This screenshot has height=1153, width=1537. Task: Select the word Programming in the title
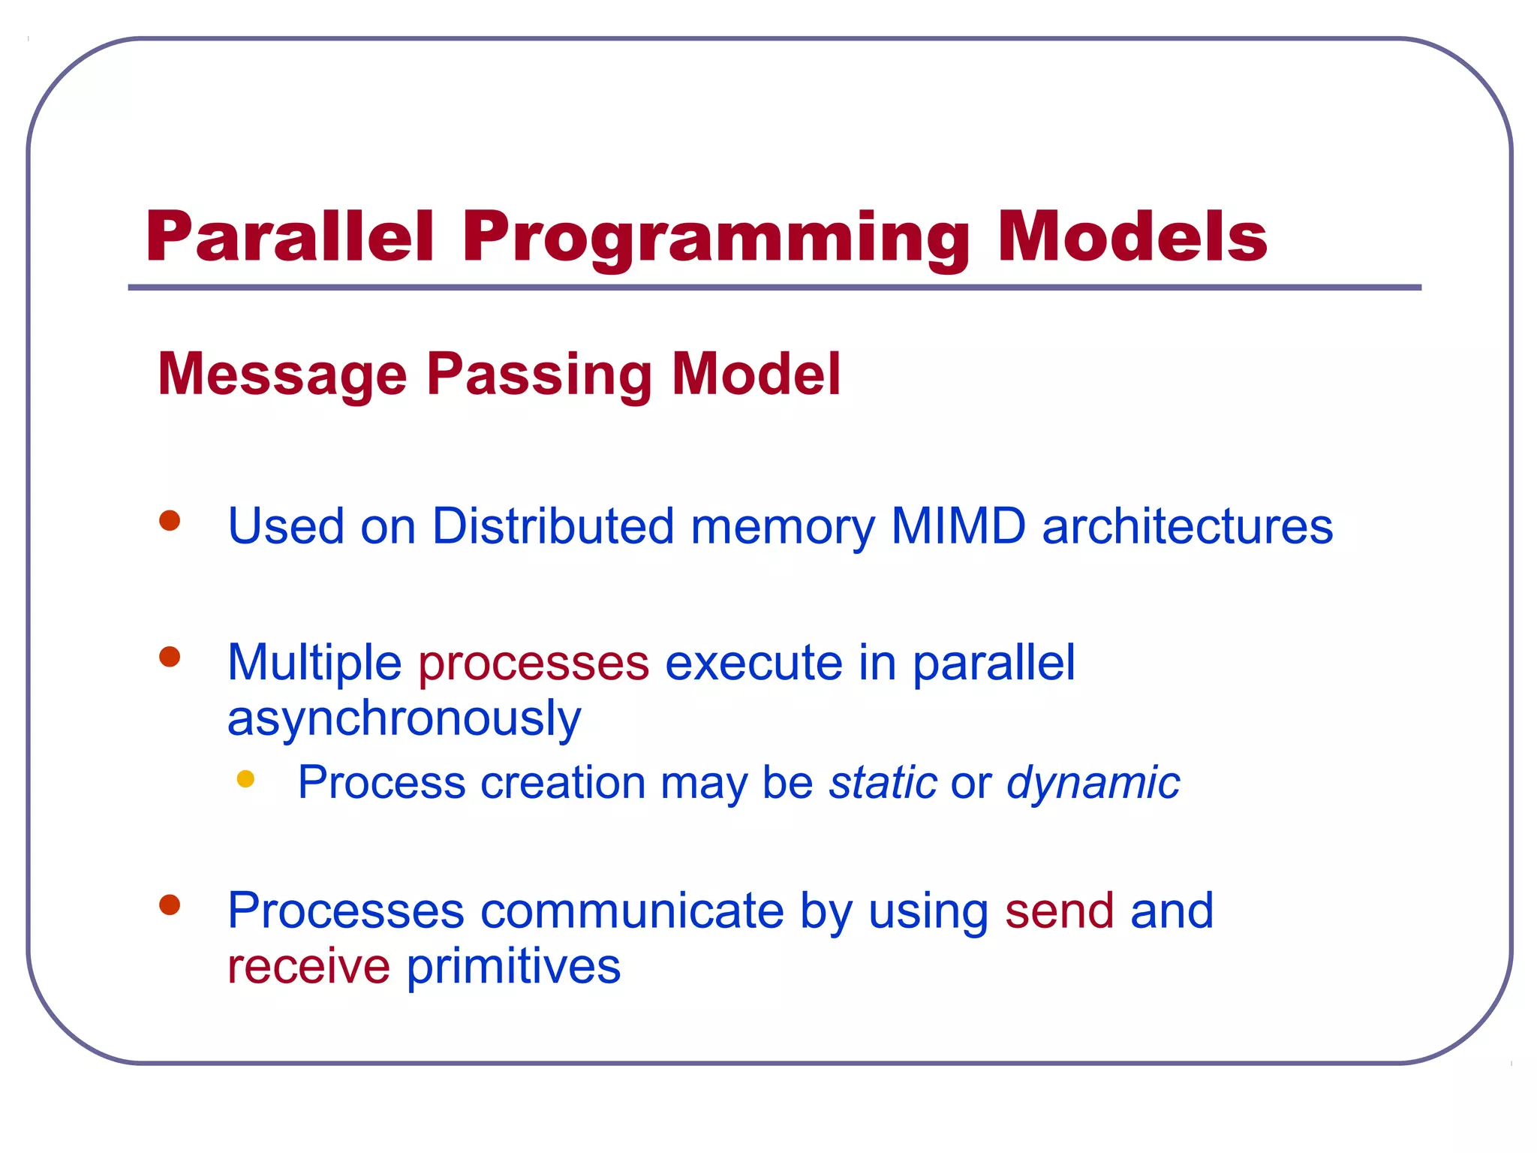(x=715, y=239)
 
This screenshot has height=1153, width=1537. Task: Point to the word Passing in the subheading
(x=540, y=375)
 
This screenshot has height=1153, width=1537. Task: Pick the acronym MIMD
(x=958, y=525)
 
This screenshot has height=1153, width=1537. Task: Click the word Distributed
(x=553, y=525)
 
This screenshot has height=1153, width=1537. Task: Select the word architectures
(x=1187, y=525)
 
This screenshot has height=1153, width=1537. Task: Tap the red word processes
(x=534, y=664)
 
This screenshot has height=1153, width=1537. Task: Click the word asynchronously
(x=404, y=719)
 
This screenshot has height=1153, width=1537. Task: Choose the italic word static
(x=883, y=782)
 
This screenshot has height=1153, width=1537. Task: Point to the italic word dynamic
(x=1093, y=784)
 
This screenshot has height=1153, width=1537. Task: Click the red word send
(x=1059, y=911)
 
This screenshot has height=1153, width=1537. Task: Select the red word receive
(x=308, y=966)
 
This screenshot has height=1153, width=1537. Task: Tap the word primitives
(x=513, y=967)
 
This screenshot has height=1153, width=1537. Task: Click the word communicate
(x=632, y=911)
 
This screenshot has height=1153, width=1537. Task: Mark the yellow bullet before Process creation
(x=245, y=778)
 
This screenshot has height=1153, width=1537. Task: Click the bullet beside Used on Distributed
(x=170, y=520)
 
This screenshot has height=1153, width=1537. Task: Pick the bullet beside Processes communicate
(x=170, y=905)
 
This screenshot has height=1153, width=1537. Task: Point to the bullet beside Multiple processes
(x=170, y=657)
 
